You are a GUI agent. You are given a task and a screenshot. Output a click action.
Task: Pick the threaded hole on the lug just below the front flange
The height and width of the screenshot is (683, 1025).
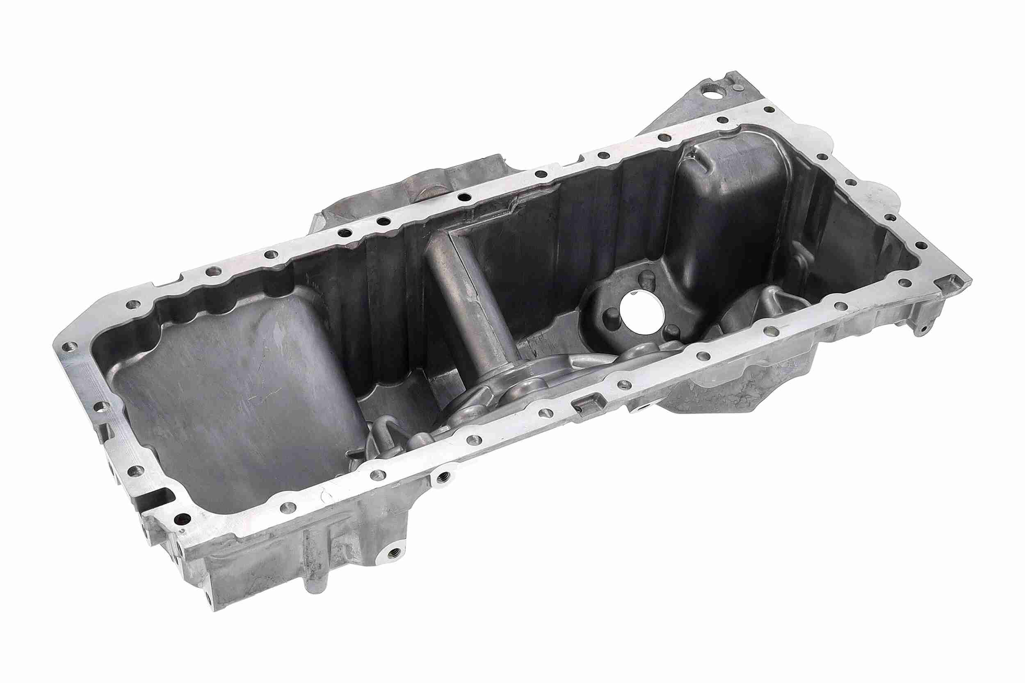coord(444,476)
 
